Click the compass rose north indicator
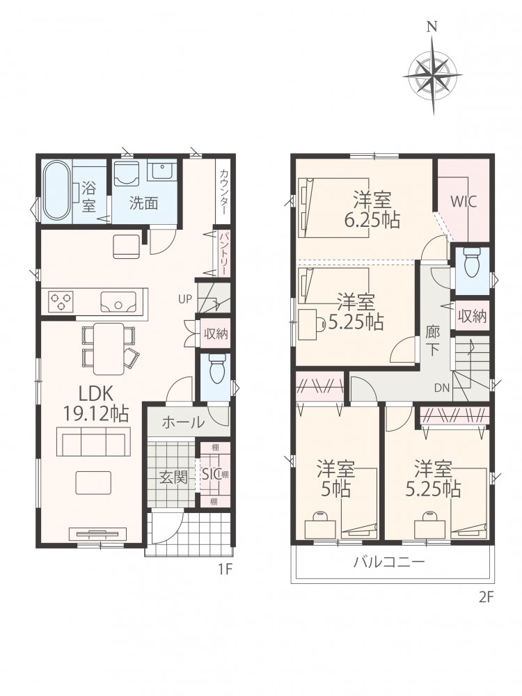[431, 28]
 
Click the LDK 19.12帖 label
[96, 404]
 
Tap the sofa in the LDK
[93, 441]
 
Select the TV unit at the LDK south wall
[98, 534]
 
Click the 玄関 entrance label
[173, 479]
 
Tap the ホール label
[183, 422]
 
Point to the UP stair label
[185, 299]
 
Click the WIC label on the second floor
[464, 202]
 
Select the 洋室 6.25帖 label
[372, 209]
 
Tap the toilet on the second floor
[470, 262]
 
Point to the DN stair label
[442, 388]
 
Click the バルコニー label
[389, 562]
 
